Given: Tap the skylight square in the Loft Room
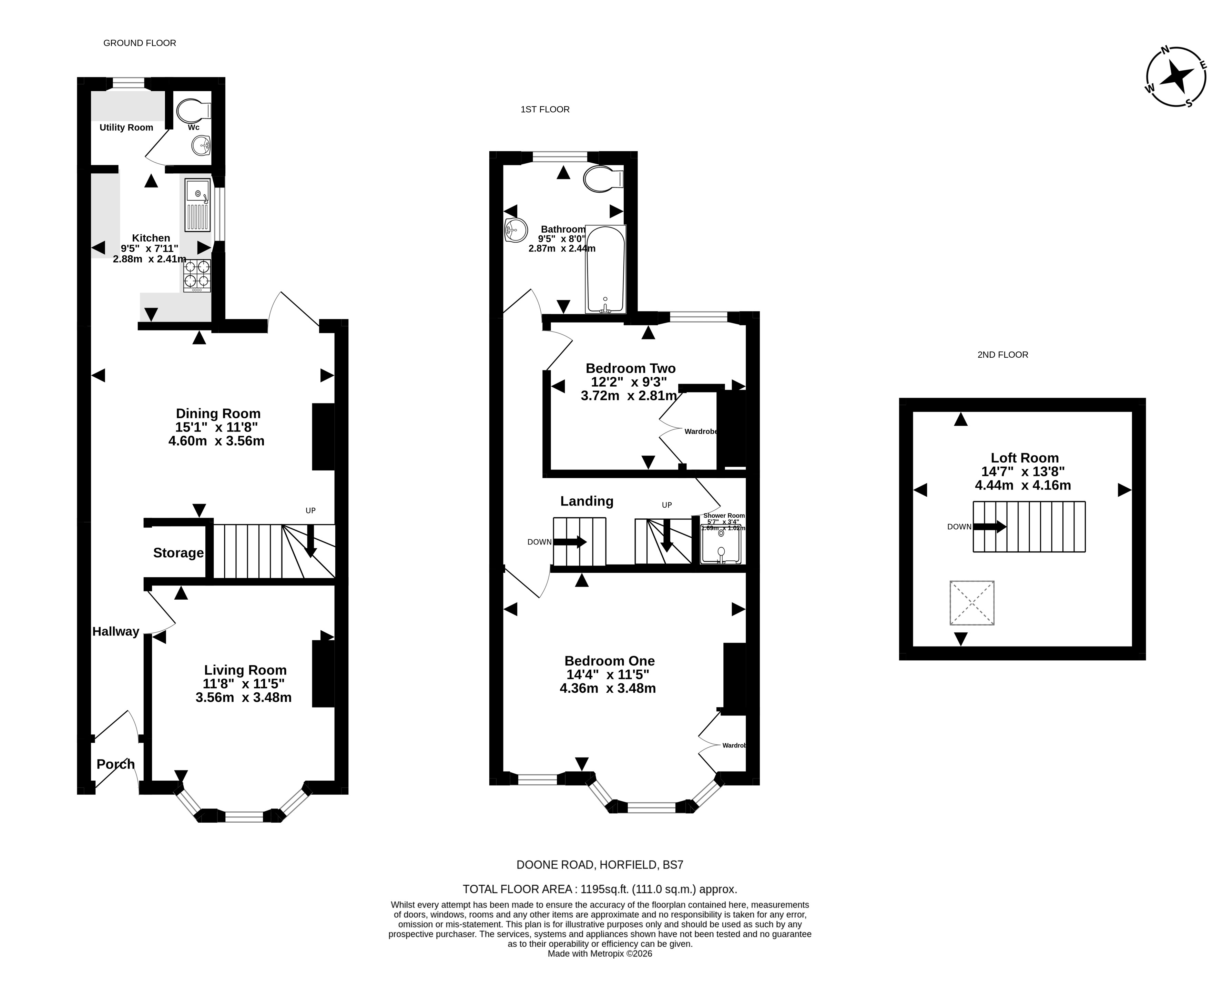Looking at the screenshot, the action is [972, 603].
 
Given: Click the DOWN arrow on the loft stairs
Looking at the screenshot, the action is [989, 527].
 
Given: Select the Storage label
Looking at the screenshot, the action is [178, 553].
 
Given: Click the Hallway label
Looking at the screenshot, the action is [116, 631].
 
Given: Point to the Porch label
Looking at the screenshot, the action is [115, 764].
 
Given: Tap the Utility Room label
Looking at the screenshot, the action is [126, 128].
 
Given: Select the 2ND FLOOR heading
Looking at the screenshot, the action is [1003, 354].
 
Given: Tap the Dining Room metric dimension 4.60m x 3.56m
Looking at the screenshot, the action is [216, 441].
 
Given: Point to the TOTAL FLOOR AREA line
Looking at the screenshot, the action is [600, 889].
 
